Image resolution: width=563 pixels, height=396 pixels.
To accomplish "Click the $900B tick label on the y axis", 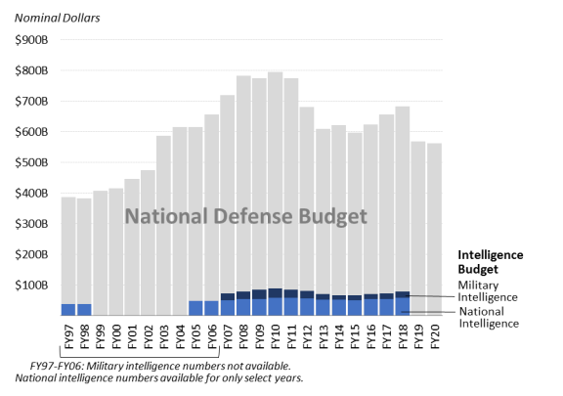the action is tap(31, 39).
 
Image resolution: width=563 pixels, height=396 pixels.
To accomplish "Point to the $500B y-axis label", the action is tap(31, 162).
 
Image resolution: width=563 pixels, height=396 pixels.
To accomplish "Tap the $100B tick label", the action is tap(31, 286).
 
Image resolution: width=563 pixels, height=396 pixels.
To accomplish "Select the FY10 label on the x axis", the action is tap(276, 336).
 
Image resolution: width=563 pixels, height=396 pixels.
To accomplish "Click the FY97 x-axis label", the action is tap(68, 336).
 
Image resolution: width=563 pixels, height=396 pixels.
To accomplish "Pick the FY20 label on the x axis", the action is tap(435, 336).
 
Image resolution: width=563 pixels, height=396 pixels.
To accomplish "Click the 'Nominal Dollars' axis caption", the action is tap(57, 18).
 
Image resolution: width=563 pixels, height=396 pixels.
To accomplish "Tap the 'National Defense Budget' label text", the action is tap(246, 216).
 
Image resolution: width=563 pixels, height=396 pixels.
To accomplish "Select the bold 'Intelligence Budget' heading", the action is tap(491, 262).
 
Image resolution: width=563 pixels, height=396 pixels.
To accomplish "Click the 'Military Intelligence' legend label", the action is tap(488, 291).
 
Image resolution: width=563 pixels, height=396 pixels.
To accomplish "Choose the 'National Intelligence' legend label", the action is tap(489, 318).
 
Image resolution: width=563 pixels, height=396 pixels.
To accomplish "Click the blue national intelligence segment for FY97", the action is tap(68, 310).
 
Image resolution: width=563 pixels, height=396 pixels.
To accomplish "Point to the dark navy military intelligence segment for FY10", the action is tap(275, 293).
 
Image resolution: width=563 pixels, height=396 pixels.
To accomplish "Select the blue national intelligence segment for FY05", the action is tap(195, 308).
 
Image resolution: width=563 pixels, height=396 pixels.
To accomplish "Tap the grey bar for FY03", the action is tap(164, 226).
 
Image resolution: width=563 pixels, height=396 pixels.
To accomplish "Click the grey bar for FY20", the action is tap(434, 230).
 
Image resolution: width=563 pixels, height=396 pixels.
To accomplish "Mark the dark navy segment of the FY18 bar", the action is tap(403, 294).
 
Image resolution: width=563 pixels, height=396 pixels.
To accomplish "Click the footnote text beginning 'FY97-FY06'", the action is tap(159, 372).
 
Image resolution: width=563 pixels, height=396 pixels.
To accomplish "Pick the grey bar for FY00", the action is tap(116, 252).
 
